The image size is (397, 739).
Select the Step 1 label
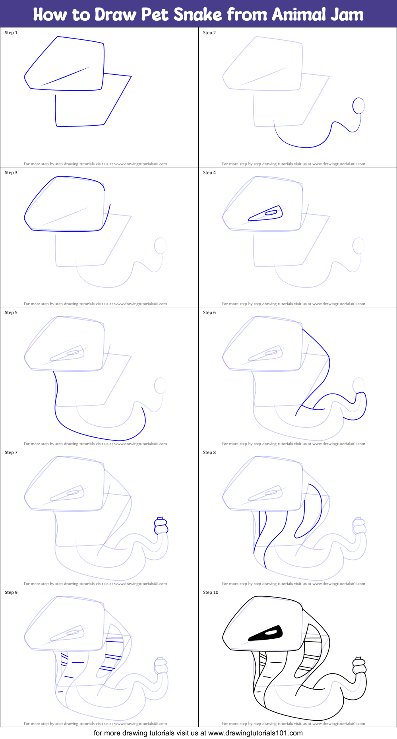11,33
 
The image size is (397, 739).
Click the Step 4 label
209,173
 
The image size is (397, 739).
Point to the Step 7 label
11,452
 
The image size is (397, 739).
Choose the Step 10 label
211,592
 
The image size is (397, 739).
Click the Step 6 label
209,312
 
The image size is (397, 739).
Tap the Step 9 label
11,592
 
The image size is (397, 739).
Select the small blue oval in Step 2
358,106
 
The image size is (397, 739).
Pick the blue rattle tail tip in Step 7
161,526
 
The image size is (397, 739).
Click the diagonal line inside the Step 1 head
65,76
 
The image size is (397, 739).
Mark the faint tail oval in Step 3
160,246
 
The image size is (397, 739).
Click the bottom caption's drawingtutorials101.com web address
255,733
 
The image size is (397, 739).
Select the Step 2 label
209,33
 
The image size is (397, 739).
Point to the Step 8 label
209,452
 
